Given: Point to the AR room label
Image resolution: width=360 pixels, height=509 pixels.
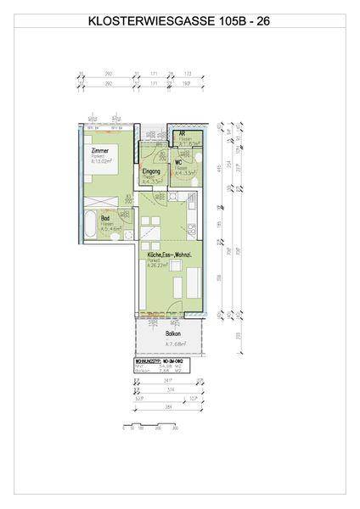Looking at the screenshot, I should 182,135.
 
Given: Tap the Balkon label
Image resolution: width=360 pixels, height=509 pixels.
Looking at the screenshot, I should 174,334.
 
